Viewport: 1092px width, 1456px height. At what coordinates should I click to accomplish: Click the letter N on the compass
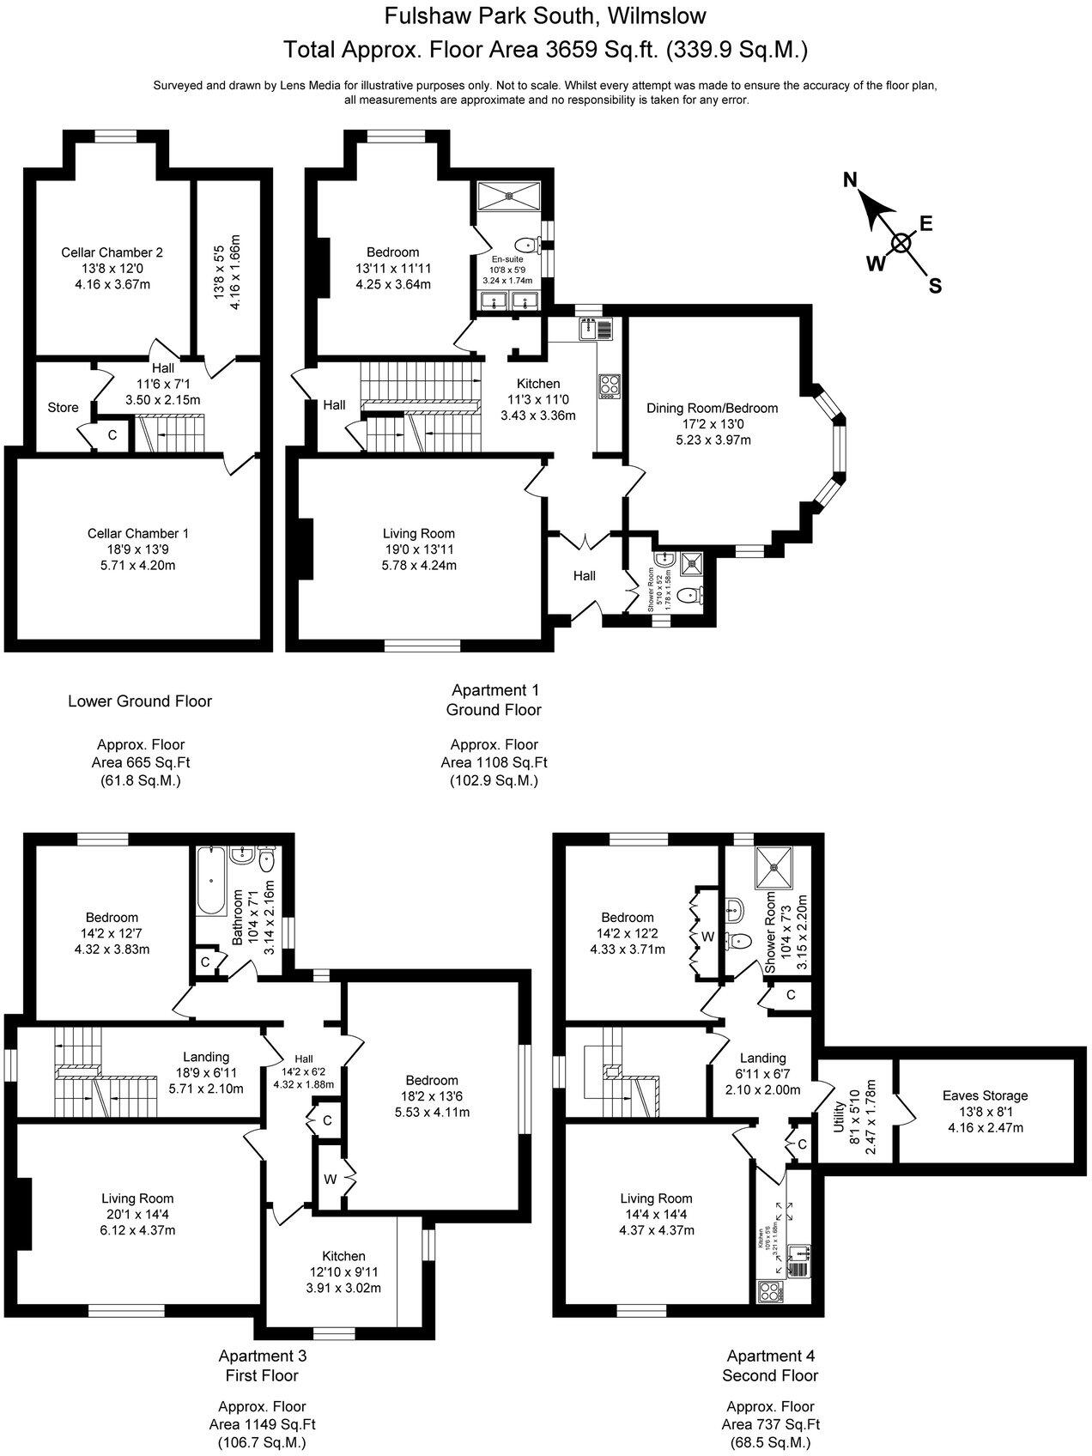click(x=850, y=179)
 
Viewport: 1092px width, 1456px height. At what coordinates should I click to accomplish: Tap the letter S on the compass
click(x=935, y=287)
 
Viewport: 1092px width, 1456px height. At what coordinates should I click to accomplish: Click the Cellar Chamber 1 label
click(x=138, y=534)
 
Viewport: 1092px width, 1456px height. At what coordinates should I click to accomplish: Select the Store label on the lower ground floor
click(x=63, y=408)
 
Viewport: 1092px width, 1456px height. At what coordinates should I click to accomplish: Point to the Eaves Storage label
click(x=985, y=1095)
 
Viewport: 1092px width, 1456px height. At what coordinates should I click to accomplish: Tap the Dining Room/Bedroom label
click(x=712, y=408)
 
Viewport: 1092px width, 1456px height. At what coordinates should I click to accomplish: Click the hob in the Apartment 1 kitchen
click(x=609, y=385)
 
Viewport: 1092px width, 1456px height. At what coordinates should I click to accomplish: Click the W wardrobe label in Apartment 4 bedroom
click(x=707, y=937)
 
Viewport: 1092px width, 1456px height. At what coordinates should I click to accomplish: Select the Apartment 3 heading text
click(x=262, y=1356)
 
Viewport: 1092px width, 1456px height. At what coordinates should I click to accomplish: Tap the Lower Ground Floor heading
click(x=140, y=701)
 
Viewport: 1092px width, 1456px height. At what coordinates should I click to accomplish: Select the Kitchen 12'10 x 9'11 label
click(x=343, y=1256)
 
